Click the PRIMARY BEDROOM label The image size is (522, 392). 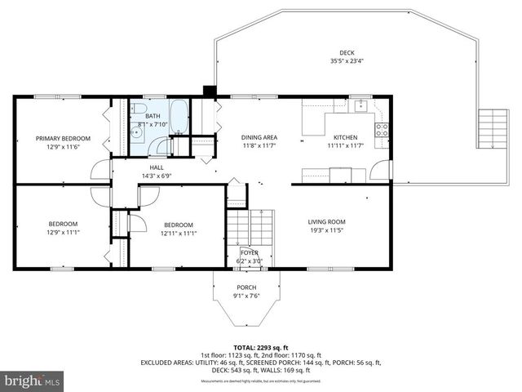63,139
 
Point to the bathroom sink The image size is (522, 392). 136,132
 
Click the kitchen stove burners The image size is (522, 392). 381,129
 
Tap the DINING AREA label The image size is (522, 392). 259,137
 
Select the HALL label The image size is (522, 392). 157,167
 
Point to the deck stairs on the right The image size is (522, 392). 492,128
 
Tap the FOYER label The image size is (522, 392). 249,253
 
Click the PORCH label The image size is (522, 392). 246,287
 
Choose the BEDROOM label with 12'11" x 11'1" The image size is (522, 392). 178,225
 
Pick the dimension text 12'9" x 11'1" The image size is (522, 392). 63,233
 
